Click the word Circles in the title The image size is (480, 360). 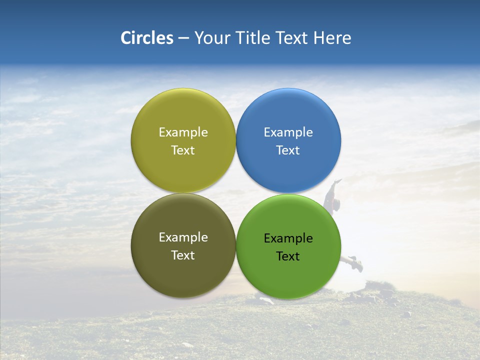click(147, 38)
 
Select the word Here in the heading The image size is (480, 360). click(332, 38)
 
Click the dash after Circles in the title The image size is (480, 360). click(183, 38)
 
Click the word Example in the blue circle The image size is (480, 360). click(288, 132)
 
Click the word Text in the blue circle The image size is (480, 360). click(288, 150)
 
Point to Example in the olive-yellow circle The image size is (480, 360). click(183, 132)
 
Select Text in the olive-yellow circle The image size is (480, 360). click(183, 150)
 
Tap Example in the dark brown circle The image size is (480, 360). click(183, 237)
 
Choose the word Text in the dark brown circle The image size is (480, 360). click(183, 255)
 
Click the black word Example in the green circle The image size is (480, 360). click(288, 238)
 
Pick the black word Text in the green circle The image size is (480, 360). click(288, 256)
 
